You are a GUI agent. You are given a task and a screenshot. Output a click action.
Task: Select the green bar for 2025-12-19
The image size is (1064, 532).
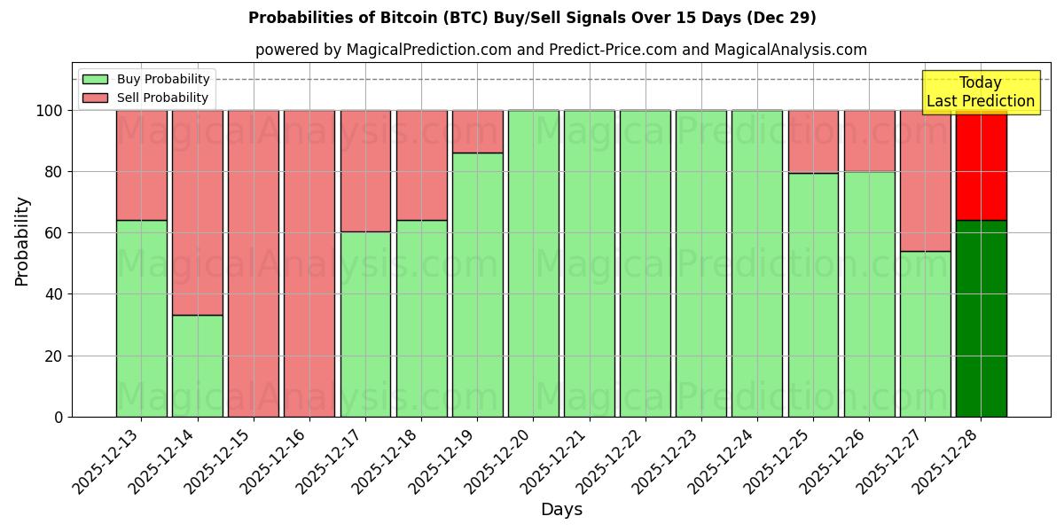(x=478, y=284)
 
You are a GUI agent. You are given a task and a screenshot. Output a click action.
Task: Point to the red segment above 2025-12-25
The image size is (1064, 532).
(x=813, y=142)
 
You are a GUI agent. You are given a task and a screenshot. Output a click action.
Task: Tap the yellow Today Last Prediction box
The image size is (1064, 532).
(x=981, y=92)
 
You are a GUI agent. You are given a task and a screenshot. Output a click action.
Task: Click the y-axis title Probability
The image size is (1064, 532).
(x=22, y=241)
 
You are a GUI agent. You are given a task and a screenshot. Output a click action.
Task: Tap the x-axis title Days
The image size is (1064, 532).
(x=561, y=510)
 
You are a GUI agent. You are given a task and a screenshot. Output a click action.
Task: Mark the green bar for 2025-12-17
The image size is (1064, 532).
(x=365, y=324)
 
